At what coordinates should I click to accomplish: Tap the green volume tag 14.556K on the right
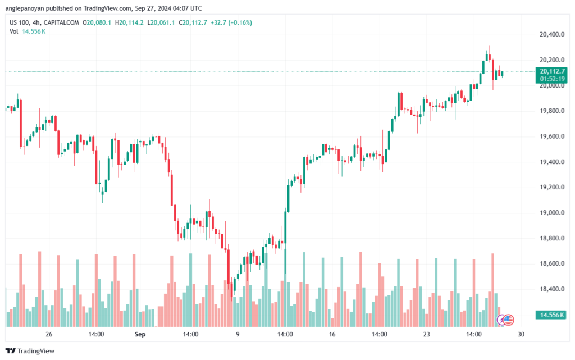click(551, 315)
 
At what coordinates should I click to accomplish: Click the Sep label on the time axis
click(140, 334)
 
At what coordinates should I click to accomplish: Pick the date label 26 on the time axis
click(49, 334)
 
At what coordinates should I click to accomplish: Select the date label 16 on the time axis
click(332, 334)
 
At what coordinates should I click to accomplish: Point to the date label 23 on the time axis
click(427, 334)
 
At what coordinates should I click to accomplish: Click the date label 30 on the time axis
click(521, 334)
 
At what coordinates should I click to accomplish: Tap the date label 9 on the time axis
click(238, 334)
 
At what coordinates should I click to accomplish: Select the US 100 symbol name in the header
click(20, 22)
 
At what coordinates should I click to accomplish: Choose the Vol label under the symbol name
click(14, 31)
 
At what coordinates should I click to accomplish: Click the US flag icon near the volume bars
click(508, 320)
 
